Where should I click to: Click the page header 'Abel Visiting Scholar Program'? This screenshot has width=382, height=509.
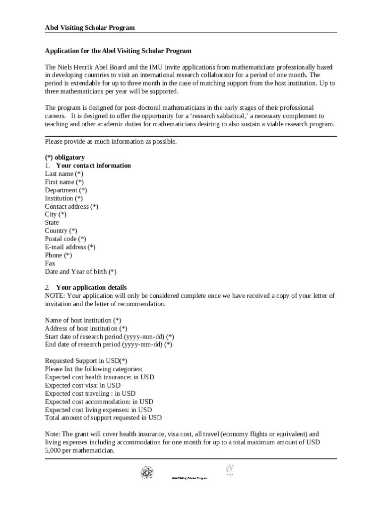tap(90, 27)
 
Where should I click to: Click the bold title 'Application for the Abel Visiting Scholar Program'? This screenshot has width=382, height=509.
tap(118, 51)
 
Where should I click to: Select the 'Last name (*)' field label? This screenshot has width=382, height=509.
tap(64, 173)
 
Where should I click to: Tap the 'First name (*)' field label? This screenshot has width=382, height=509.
tap(64, 182)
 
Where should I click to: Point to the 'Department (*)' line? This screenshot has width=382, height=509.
tap(66, 190)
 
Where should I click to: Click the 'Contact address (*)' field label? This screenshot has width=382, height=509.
tap(71, 206)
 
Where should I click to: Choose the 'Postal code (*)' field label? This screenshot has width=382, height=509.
tap(65, 239)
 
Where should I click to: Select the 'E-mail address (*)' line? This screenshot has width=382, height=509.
tap(70, 247)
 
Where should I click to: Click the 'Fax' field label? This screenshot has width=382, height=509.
tap(50, 263)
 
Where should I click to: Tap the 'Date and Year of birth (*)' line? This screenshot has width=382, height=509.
tap(80, 271)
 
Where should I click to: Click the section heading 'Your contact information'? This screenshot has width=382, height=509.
tap(93, 166)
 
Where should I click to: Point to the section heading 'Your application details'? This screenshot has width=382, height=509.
tap(91, 287)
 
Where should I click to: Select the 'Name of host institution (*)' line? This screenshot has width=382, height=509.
tap(83, 320)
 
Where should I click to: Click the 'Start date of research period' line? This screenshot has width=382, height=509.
tap(109, 337)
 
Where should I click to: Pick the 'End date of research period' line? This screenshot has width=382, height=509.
tap(108, 344)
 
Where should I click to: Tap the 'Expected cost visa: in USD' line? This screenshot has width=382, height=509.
tap(82, 385)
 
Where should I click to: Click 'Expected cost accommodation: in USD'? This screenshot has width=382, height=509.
tap(99, 402)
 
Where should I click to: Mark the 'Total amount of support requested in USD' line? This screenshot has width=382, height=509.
tap(103, 418)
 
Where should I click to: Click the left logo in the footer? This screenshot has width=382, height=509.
tap(147, 472)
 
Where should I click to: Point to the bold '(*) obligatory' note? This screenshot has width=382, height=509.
tap(65, 157)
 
